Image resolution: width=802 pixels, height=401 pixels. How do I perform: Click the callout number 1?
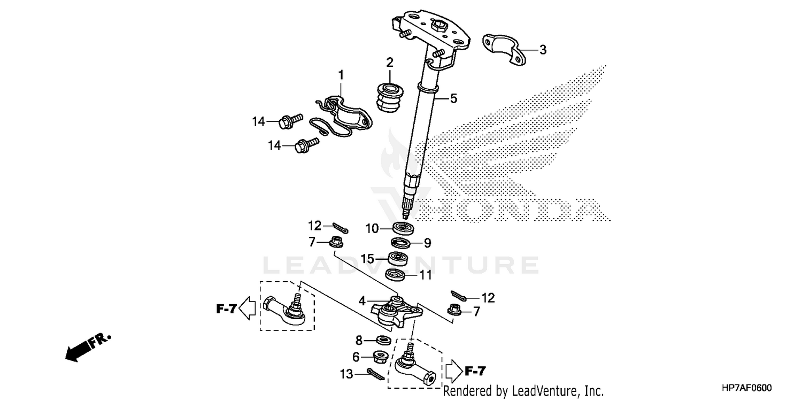(341, 74)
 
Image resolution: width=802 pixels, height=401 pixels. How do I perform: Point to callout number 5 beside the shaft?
(453, 98)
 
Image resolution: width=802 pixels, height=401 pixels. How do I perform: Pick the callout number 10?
(372, 229)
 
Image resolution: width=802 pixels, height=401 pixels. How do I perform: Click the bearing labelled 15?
(397, 259)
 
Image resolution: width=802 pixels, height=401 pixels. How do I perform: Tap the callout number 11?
(425, 276)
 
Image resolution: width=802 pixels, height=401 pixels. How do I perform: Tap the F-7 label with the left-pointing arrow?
(226, 309)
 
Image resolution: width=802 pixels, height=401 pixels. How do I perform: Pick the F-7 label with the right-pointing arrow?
(475, 369)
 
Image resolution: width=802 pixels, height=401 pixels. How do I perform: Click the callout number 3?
(543, 50)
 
